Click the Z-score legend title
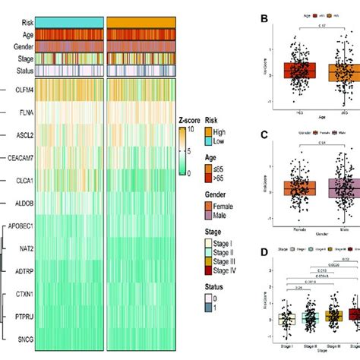pyautogui.click(x=192, y=120)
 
